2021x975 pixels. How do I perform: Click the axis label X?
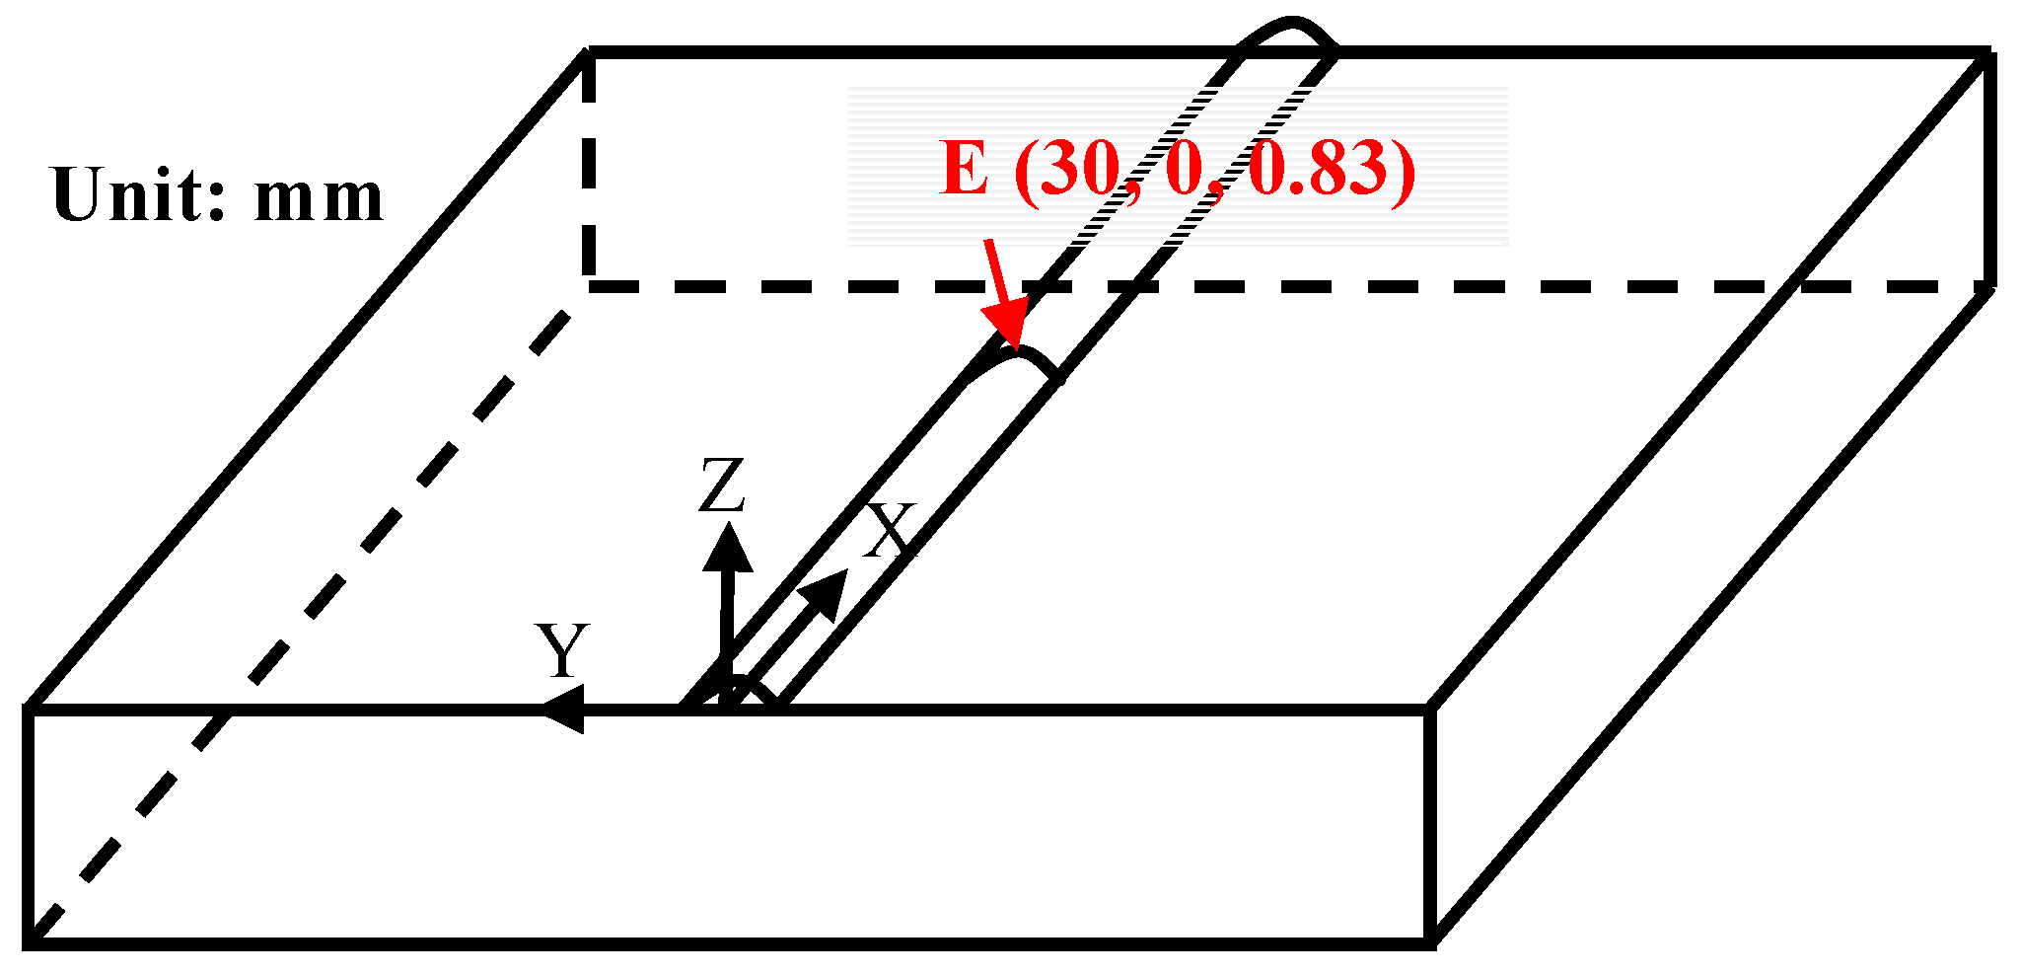pos(889,532)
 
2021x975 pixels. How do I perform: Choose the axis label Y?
pos(562,650)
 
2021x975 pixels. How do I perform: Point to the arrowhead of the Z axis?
pos(728,546)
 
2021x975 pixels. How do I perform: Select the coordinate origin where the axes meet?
pos(728,703)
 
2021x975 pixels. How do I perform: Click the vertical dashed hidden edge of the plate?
pos(589,168)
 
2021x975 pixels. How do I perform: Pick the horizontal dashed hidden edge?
pos(1282,286)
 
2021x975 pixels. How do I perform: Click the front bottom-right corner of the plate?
pos(1429,942)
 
